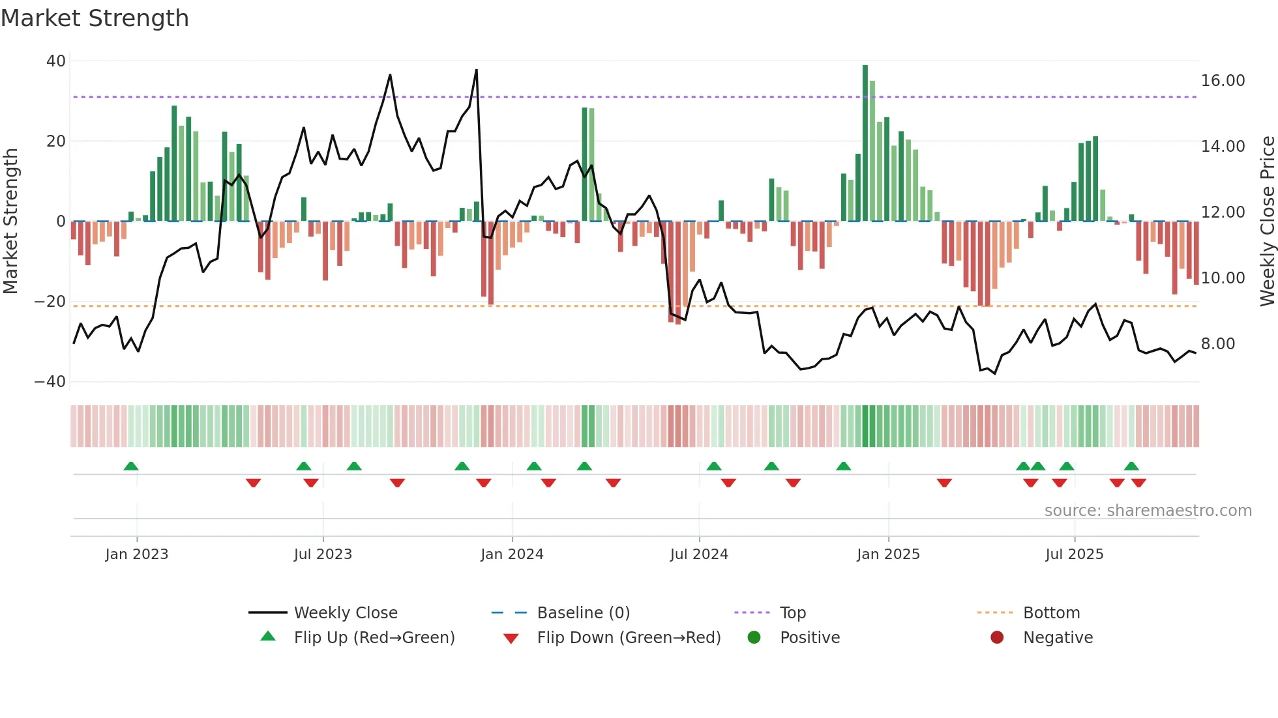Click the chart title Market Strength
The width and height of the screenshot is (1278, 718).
[95, 18]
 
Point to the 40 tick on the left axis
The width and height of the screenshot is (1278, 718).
[56, 61]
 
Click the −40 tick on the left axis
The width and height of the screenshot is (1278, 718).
[50, 382]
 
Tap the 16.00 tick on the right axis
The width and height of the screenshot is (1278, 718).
[1223, 81]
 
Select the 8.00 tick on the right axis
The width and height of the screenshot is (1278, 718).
[1217, 344]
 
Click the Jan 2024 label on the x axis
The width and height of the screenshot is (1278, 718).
[512, 554]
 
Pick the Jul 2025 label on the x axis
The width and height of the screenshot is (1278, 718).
[1074, 554]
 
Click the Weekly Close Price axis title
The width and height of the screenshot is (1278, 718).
[1267, 222]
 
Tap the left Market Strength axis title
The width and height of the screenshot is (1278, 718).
[11, 222]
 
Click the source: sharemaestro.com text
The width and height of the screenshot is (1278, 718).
[1148, 511]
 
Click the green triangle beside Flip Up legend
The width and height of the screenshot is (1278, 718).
[268, 637]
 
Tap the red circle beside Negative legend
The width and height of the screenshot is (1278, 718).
[996, 637]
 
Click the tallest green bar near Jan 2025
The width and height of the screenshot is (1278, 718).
[865, 143]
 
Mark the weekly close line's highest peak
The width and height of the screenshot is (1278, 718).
[477, 70]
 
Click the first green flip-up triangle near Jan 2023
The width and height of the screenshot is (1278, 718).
[131, 466]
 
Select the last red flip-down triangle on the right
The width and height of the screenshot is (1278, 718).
[1138, 483]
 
